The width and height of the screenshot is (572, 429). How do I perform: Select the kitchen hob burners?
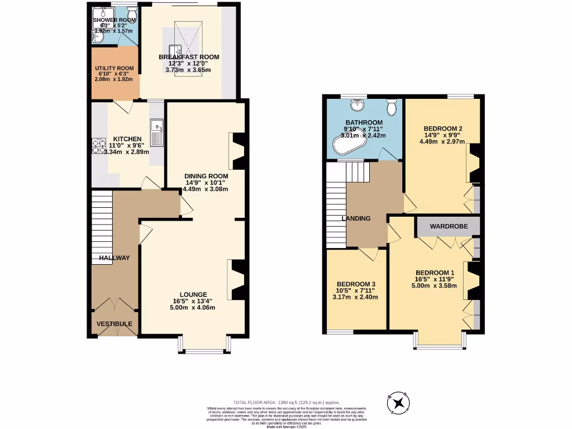pos(99,146)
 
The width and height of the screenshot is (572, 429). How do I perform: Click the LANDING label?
pos(356,218)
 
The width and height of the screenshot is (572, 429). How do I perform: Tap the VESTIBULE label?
pos(114,324)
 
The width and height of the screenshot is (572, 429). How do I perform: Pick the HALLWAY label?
pos(114,258)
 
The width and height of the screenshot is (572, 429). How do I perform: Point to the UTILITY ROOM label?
pos(114,69)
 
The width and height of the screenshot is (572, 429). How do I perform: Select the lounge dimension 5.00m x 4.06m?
pos(193,308)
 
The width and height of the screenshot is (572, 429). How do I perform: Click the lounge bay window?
pos(202,350)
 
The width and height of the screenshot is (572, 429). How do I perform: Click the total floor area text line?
pos(286,402)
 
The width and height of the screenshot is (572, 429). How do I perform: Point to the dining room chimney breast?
pos(238,151)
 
